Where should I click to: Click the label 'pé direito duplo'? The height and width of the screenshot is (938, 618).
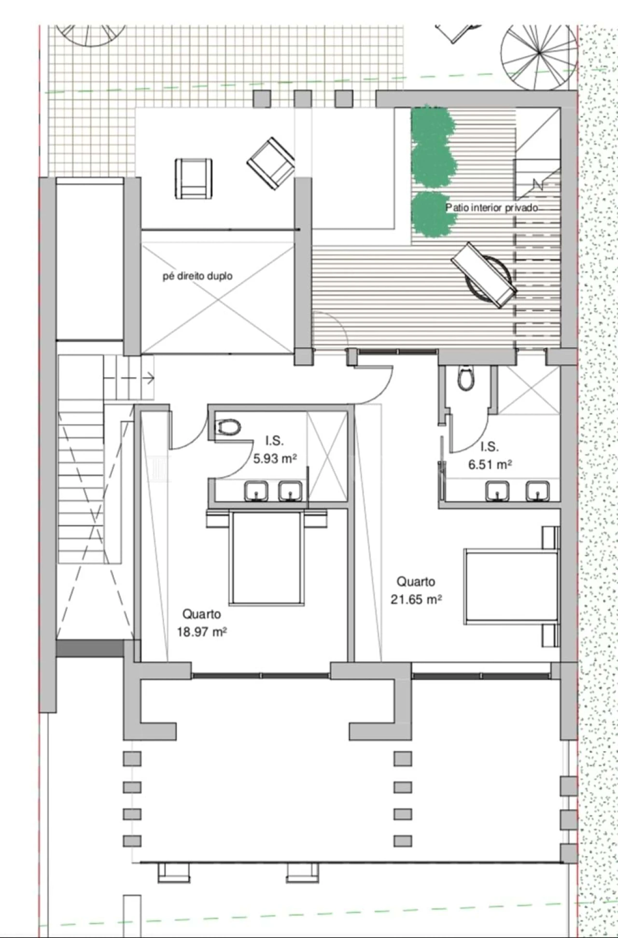click(197, 276)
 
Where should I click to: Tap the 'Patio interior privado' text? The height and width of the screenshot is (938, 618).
click(492, 208)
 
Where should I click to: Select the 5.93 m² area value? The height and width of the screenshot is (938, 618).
click(275, 458)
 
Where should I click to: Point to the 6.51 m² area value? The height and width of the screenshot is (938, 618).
click(490, 464)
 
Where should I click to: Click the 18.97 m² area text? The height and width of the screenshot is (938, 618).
click(202, 632)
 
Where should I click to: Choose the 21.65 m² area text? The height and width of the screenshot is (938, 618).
click(416, 599)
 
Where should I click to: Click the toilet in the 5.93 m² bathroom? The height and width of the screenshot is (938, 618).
click(227, 427)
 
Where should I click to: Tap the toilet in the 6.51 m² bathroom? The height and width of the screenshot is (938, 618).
click(466, 379)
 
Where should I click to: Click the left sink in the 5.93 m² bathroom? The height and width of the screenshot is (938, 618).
click(256, 491)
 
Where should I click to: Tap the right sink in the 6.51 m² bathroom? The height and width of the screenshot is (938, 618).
click(538, 491)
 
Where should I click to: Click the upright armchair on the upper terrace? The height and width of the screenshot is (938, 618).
click(194, 178)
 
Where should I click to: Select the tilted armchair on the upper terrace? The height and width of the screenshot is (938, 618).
click(271, 163)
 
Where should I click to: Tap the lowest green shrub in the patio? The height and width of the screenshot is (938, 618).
click(435, 214)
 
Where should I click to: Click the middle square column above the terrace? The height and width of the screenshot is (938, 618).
click(303, 99)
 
